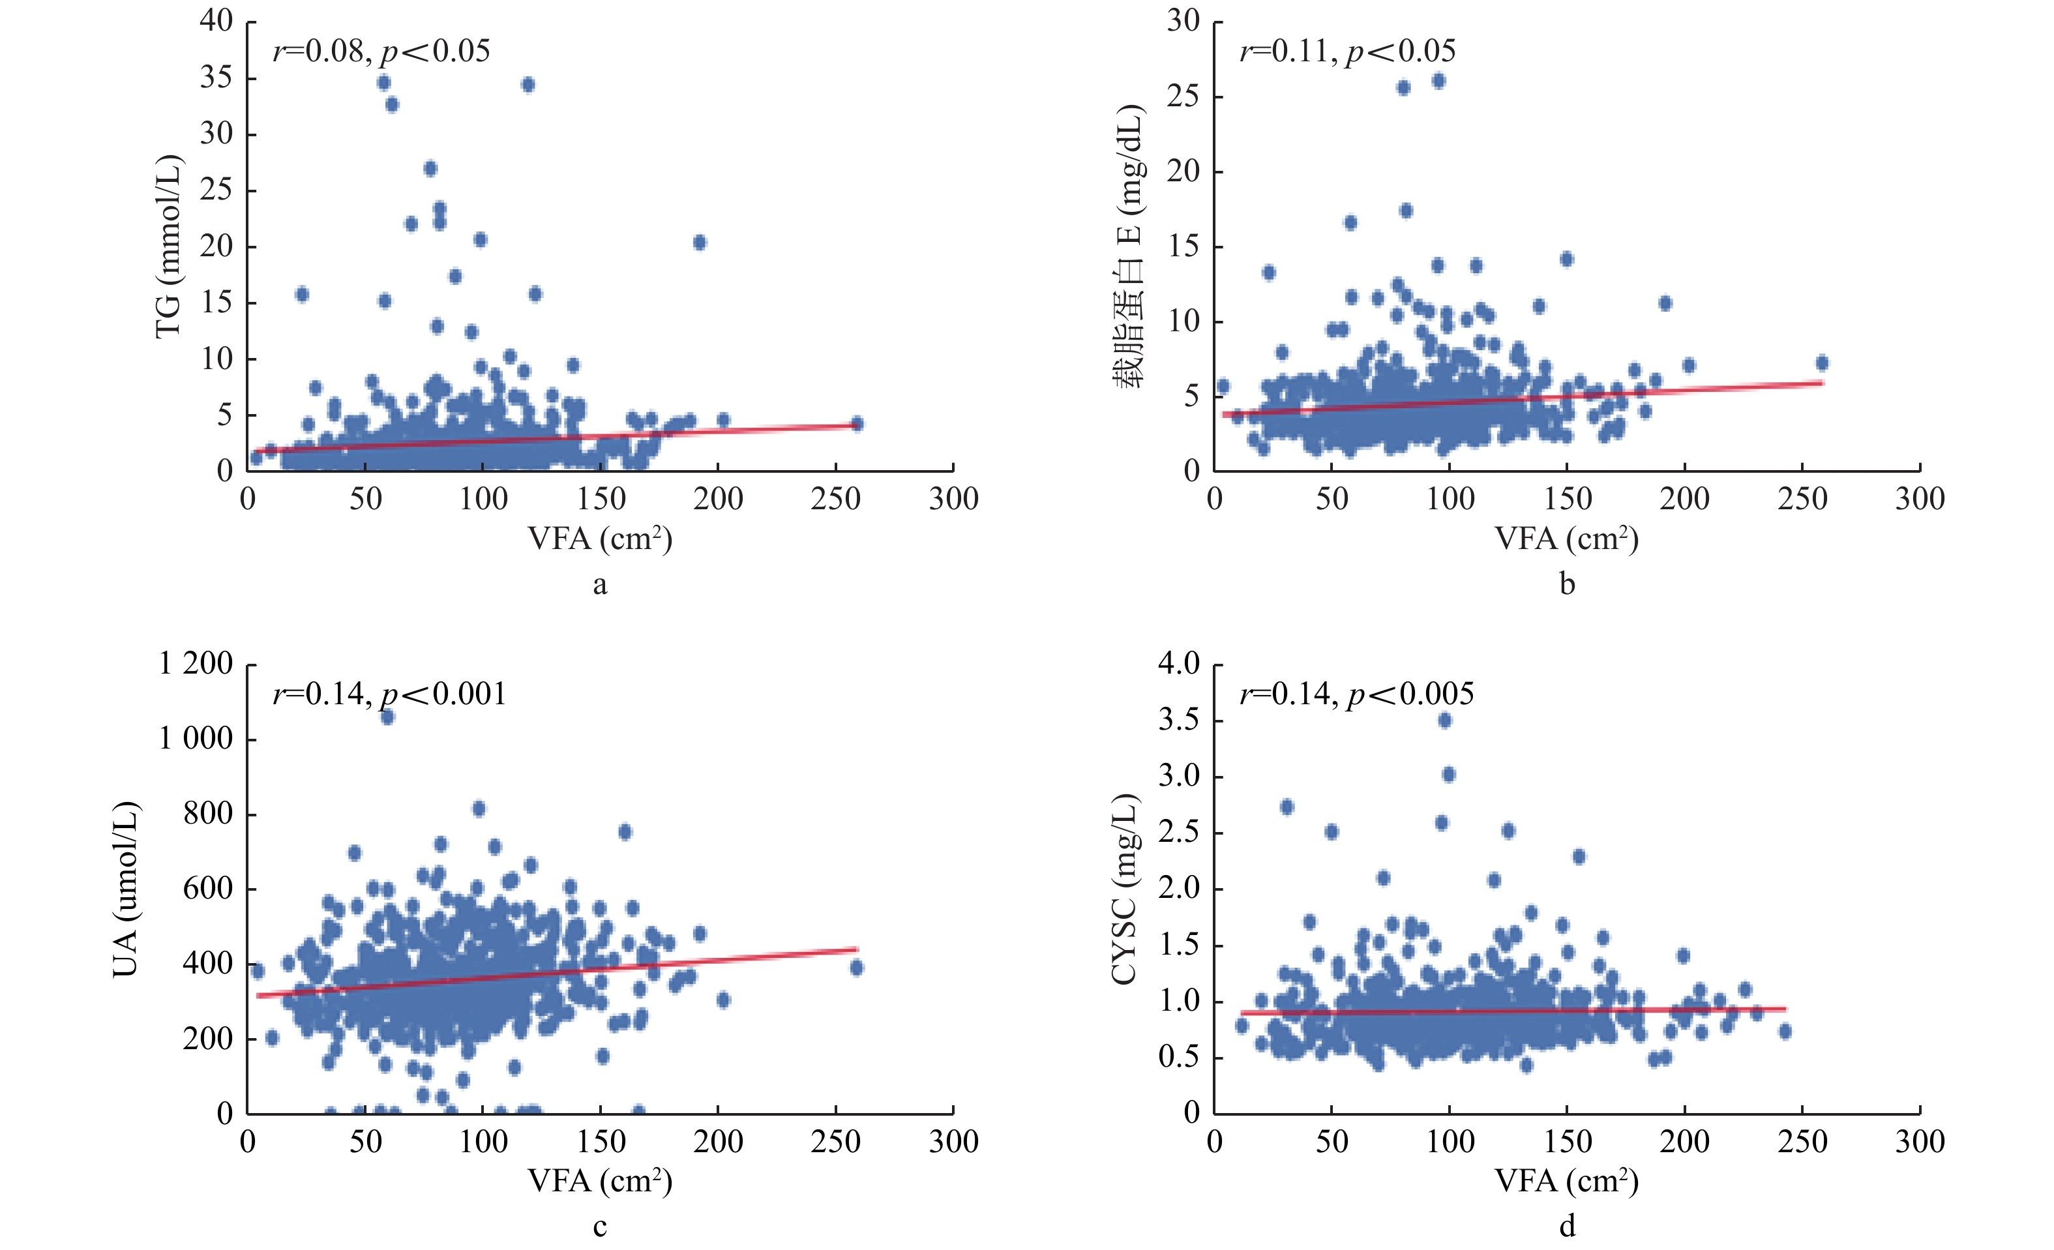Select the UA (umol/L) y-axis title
[125, 888]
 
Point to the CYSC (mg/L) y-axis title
[1125, 888]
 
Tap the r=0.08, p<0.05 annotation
[381, 52]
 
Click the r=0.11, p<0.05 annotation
[1347, 52]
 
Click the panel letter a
[599, 585]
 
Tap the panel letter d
[1567, 1227]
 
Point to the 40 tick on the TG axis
[216, 21]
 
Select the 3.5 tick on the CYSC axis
[1179, 720]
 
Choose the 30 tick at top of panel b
[1183, 21]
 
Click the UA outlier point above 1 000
[387, 717]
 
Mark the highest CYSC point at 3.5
[1444, 720]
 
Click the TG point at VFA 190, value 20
[700, 243]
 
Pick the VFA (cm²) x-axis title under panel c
[599, 1181]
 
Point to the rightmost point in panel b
[1821, 363]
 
